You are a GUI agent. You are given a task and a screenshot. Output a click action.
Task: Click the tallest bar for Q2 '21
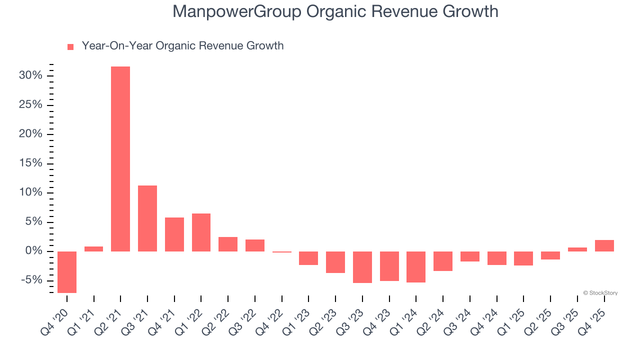pyautogui.click(x=120, y=159)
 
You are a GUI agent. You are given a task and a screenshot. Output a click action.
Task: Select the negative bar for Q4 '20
pyautogui.click(x=67, y=272)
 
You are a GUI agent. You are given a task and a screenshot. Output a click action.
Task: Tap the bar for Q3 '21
pyautogui.click(x=147, y=218)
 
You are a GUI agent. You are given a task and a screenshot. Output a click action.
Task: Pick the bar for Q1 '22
pyautogui.click(x=201, y=232)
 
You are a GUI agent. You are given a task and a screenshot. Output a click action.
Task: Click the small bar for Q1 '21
pyautogui.click(x=93, y=248)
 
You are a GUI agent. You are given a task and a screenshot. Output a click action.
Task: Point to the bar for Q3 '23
pyautogui.click(x=362, y=267)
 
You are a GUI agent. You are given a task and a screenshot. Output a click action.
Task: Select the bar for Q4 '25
pyautogui.click(x=604, y=245)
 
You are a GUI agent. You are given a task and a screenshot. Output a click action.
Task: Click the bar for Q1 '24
pyautogui.click(x=416, y=267)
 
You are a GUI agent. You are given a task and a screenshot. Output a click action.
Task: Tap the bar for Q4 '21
pyautogui.click(x=174, y=234)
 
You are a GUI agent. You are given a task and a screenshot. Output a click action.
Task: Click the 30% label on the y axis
pyautogui.click(x=30, y=75)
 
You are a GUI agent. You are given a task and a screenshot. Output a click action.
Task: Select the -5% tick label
pyautogui.click(x=31, y=280)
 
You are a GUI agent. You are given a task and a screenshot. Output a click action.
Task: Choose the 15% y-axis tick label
pyautogui.click(x=30, y=163)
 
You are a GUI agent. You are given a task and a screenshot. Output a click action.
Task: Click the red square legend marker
pyautogui.click(x=70, y=47)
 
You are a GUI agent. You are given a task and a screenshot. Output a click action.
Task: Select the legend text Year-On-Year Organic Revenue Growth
pyautogui.click(x=182, y=46)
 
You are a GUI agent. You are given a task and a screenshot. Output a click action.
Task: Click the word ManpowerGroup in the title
pyautogui.click(x=236, y=11)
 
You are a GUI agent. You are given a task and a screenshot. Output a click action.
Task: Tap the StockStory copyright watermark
pyautogui.click(x=600, y=293)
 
